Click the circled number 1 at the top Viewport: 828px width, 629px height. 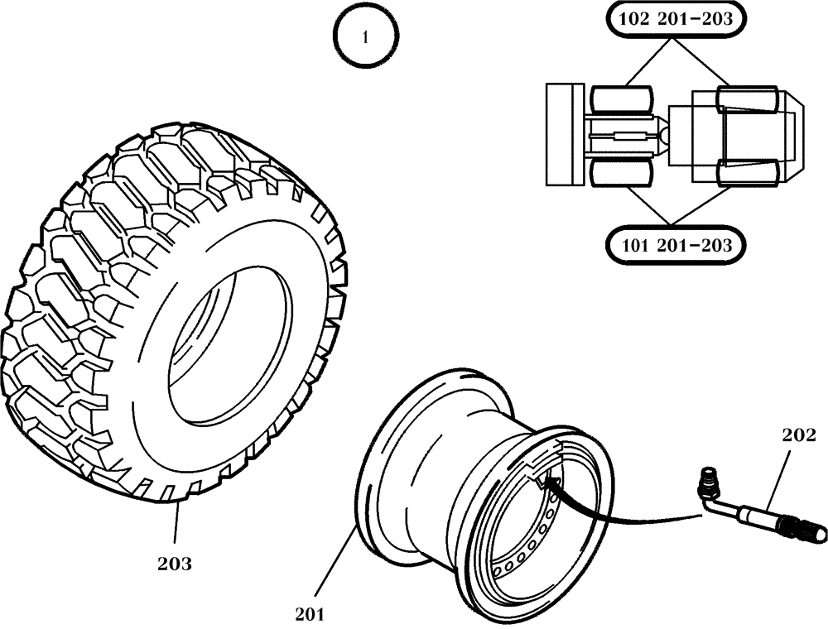tap(365, 38)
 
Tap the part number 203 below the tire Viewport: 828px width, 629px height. tap(175, 564)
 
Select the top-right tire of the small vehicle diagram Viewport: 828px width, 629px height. tap(748, 101)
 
